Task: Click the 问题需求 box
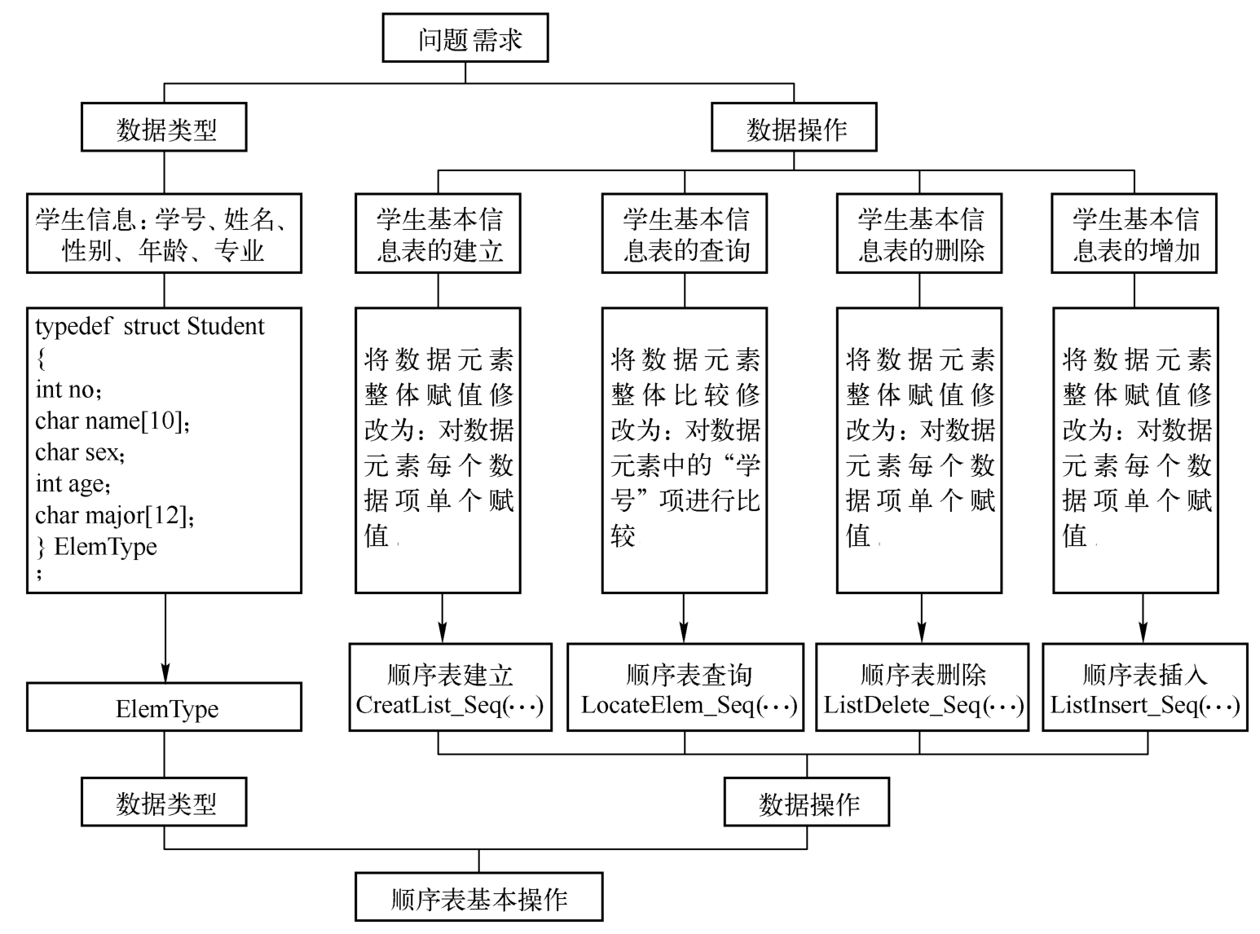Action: point(465,38)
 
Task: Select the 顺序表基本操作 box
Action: point(479,897)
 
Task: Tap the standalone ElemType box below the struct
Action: point(165,707)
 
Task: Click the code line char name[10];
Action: point(112,421)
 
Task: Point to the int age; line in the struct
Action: point(73,483)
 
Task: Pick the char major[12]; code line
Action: point(115,515)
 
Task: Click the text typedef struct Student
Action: point(150,327)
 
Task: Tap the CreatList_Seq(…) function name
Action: point(450,705)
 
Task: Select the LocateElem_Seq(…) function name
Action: point(689,705)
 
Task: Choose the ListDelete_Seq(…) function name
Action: point(923,705)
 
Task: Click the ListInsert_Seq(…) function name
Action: point(1145,705)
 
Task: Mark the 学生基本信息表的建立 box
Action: point(438,234)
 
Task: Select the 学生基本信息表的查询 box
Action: point(685,234)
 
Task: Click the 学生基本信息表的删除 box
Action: point(919,234)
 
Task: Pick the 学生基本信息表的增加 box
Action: point(1134,234)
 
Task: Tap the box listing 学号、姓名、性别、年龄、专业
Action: point(164,234)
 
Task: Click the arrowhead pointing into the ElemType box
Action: point(165,672)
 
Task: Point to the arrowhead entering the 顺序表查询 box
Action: point(684,632)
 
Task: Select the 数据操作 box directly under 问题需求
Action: point(795,128)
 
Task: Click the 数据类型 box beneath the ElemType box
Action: point(165,802)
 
